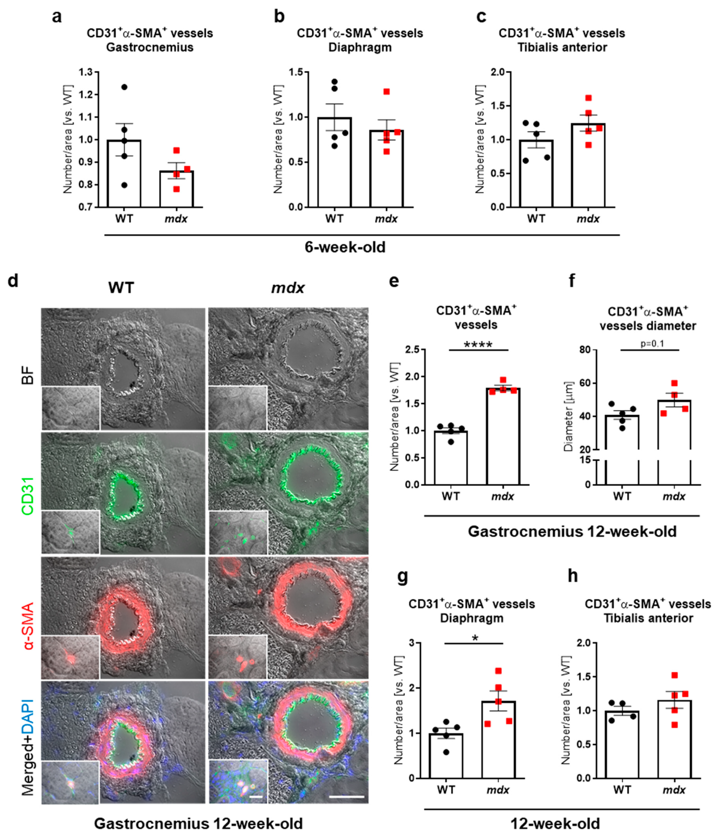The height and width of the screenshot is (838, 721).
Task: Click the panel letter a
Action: click(57, 17)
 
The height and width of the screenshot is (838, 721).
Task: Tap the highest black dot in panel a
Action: click(124, 87)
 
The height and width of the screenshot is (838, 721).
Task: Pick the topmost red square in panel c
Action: click(588, 98)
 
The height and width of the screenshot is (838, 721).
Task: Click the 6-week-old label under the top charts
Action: click(345, 247)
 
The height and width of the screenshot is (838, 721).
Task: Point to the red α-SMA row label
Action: click(27, 619)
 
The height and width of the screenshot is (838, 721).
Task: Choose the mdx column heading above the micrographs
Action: click(288, 288)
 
